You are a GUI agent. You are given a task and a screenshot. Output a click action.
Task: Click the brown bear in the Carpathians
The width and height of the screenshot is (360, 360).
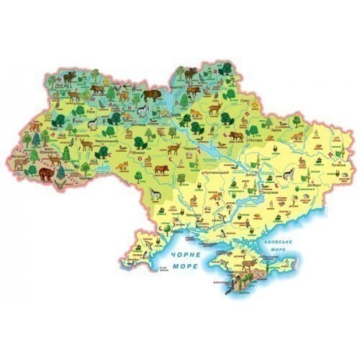coord(48,175)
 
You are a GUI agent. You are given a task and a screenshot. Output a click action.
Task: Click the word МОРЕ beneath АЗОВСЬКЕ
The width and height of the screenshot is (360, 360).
coord(279,251)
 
